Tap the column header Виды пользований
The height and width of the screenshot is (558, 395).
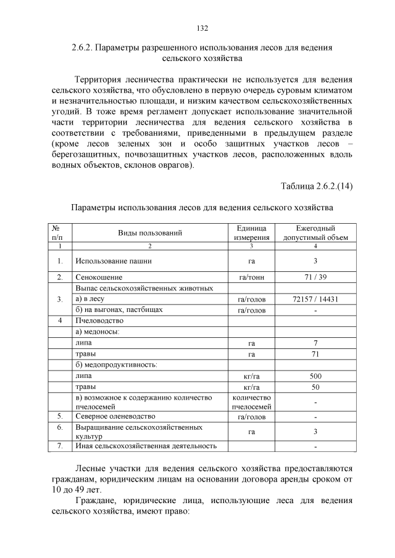pyautogui.click(x=150, y=232)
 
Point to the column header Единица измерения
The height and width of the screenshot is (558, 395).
pyautogui.click(x=251, y=232)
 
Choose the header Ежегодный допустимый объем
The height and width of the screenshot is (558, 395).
pyautogui.click(x=315, y=232)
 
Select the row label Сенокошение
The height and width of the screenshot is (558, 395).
pyautogui.click(x=99, y=277)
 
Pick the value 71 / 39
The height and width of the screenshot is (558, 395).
pyautogui.click(x=315, y=277)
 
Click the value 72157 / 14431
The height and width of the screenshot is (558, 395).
pyautogui.click(x=315, y=299)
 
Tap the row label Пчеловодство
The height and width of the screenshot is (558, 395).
pyautogui.click(x=99, y=321)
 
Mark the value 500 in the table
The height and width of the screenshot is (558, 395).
pyautogui.click(x=315, y=375)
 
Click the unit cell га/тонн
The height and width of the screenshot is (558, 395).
pyautogui.click(x=251, y=277)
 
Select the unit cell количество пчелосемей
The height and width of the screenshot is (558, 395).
pyautogui.click(x=251, y=402)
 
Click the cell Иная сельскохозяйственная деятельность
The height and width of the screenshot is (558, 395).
pyautogui.click(x=146, y=446)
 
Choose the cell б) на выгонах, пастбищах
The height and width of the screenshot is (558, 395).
pyautogui.click(x=118, y=310)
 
